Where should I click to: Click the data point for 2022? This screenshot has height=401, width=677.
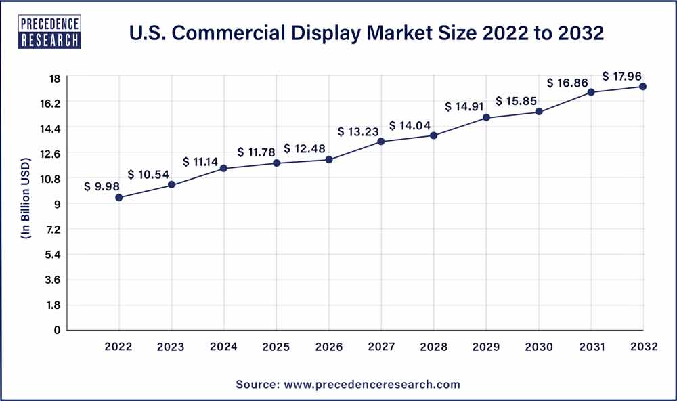[119, 198]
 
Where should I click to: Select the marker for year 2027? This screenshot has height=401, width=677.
[381, 142]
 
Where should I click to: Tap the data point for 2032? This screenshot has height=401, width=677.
[642, 87]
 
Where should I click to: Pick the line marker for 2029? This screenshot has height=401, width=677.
[486, 118]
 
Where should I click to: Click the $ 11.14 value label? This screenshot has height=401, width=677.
[201, 162]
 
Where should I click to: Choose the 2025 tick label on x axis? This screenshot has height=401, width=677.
[276, 347]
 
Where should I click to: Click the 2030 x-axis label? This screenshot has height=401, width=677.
[538, 347]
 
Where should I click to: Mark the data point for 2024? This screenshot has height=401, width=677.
[224, 168]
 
